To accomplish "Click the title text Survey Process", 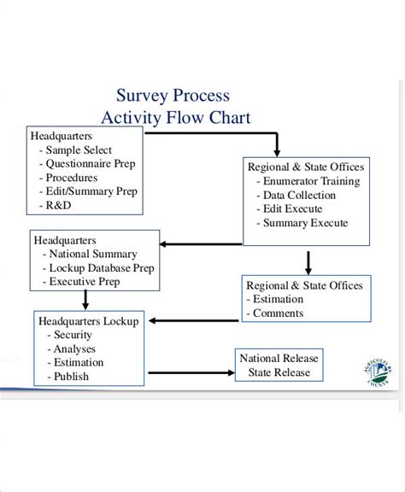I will [x=173, y=96].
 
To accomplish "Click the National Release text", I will [x=279, y=358].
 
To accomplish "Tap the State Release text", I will [x=279, y=372].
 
